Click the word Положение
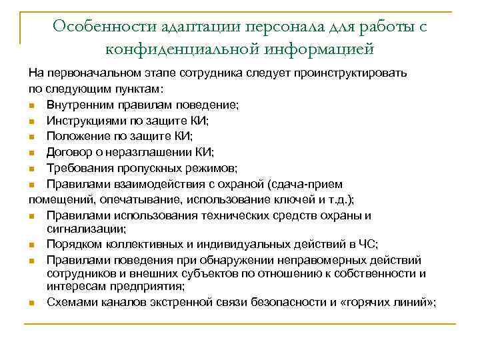[75, 136]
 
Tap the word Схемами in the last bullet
[69, 302]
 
